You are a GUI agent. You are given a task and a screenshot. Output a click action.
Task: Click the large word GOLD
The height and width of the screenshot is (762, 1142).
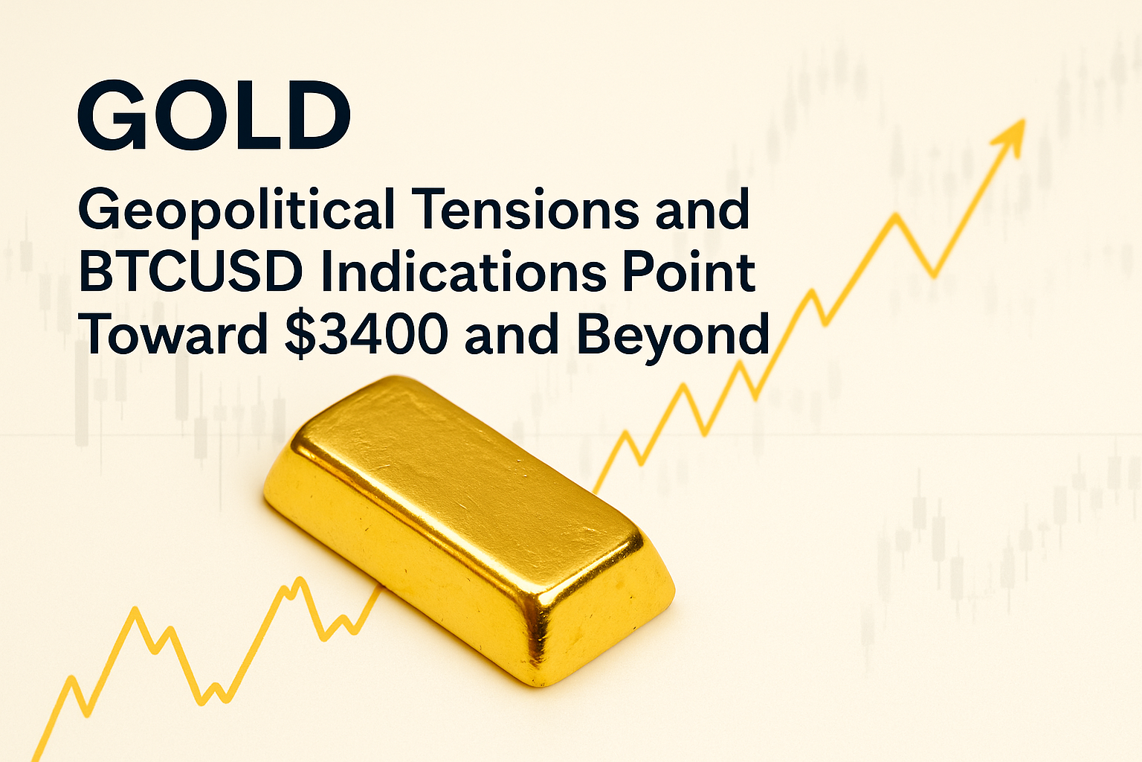tap(214, 115)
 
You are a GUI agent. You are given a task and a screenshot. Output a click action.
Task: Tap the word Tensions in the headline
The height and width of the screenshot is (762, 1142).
tap(526, 208)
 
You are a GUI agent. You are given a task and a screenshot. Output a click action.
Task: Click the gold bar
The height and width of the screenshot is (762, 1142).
tap(470, 530)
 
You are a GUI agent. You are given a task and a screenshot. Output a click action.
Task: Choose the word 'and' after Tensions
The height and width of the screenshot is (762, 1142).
tap(703, 208)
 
